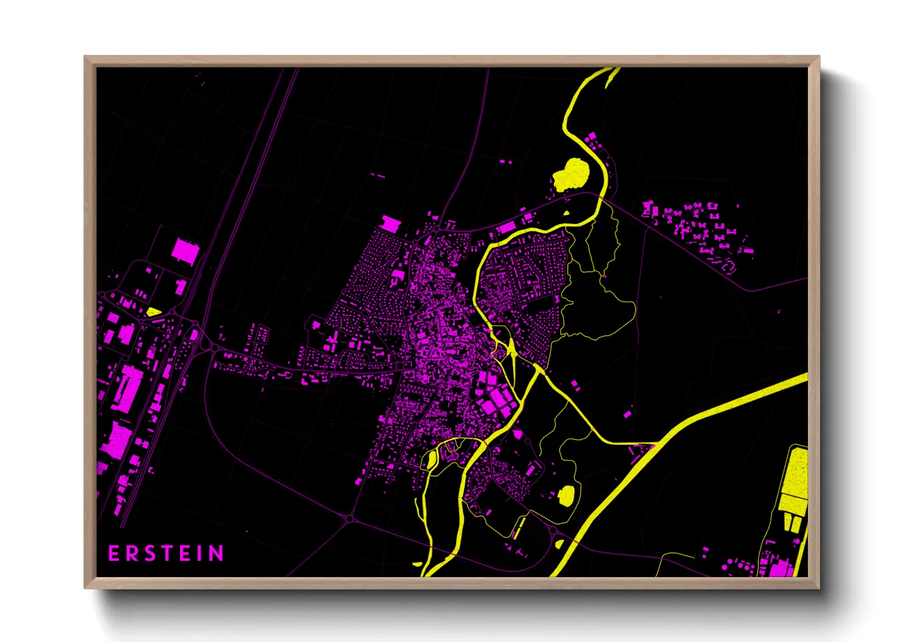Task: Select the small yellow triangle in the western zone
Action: (153, 312)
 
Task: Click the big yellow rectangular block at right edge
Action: (795, 479)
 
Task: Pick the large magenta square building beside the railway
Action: (185, 251)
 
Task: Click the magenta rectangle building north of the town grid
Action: (391, 224)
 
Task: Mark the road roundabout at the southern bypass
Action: (349, 519)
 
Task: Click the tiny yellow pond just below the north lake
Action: (567, 213)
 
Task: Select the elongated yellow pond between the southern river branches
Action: (432, 459)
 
